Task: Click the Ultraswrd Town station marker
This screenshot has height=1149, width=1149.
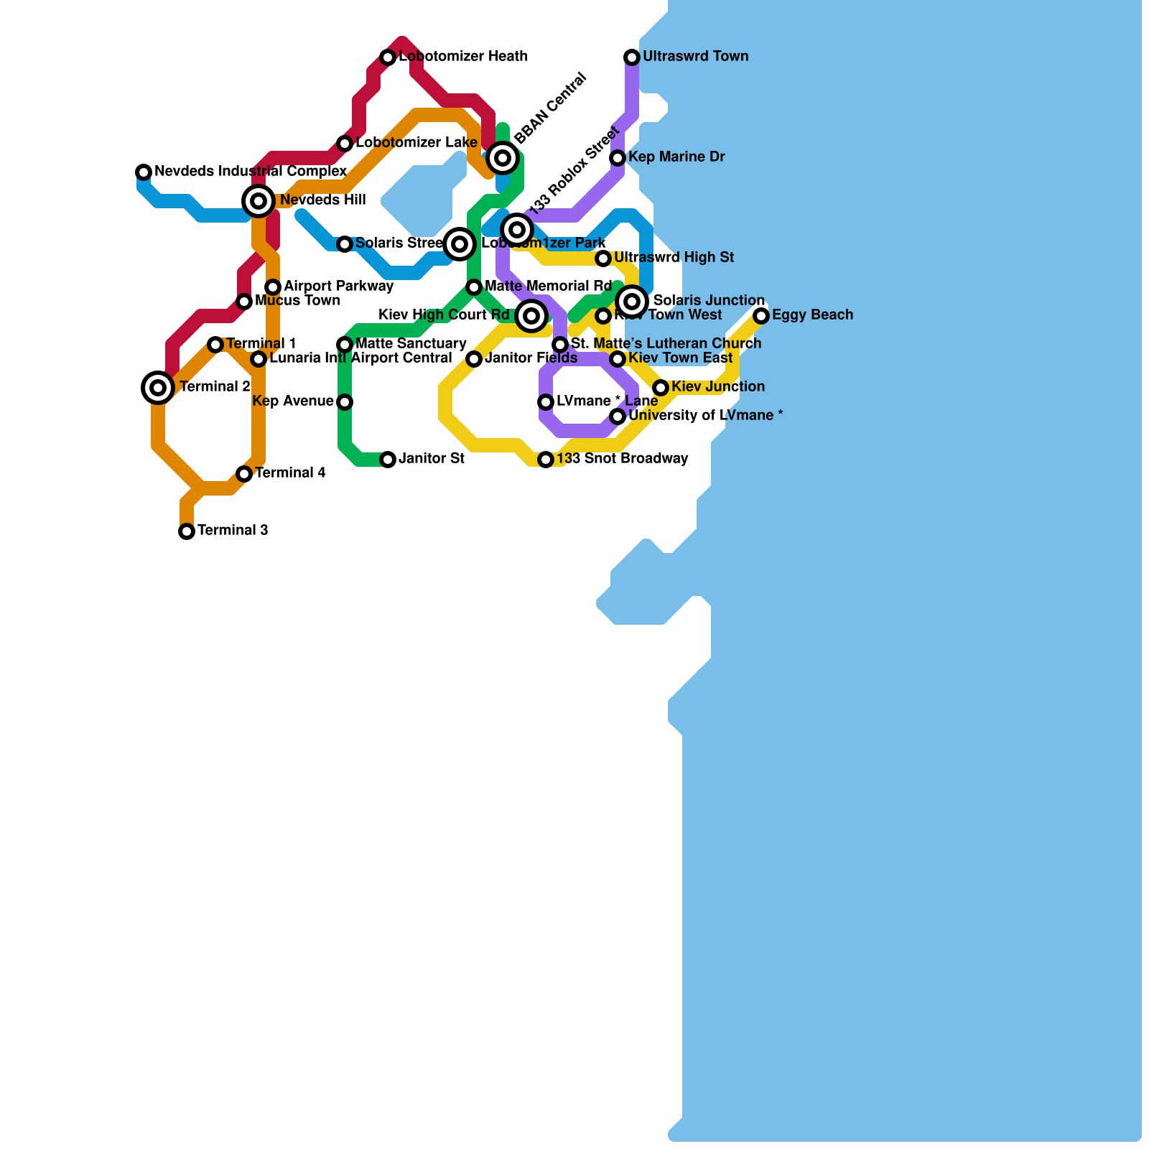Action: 632,57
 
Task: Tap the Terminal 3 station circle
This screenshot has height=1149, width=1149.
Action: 187,531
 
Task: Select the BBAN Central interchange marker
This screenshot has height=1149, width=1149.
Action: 503,158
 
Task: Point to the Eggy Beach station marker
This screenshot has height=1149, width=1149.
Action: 761,316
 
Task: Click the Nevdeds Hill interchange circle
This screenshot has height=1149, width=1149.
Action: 259,201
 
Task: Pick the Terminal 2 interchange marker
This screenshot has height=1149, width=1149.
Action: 158,388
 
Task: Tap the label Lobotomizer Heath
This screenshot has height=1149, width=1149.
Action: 463,57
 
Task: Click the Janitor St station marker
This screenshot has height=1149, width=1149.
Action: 388,460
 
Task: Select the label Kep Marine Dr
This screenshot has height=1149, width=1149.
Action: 676,157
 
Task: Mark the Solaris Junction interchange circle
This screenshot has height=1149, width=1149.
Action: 632,302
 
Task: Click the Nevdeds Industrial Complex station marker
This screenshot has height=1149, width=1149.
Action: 144,172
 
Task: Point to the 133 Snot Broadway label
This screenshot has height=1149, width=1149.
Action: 622,459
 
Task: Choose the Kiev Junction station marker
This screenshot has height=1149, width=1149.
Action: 661,388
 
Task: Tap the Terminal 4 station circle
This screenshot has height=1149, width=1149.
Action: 244,474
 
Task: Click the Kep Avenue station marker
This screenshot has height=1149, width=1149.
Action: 345,402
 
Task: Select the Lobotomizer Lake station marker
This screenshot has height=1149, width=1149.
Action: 345,144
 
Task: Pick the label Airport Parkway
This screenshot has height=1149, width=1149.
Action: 338,287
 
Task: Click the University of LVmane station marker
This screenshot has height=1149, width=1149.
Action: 618,417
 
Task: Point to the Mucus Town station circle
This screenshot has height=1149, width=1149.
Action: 244,302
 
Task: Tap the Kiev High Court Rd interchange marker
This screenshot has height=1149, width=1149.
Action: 531,316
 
